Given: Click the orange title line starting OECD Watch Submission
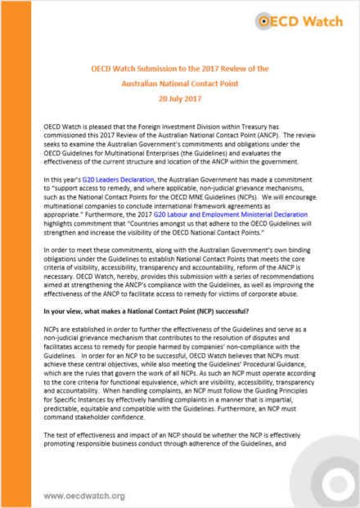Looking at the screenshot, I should pyautogui.click(x=179, y=70).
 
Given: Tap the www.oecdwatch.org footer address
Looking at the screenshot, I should pyautogui.click(x=84, y=496).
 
